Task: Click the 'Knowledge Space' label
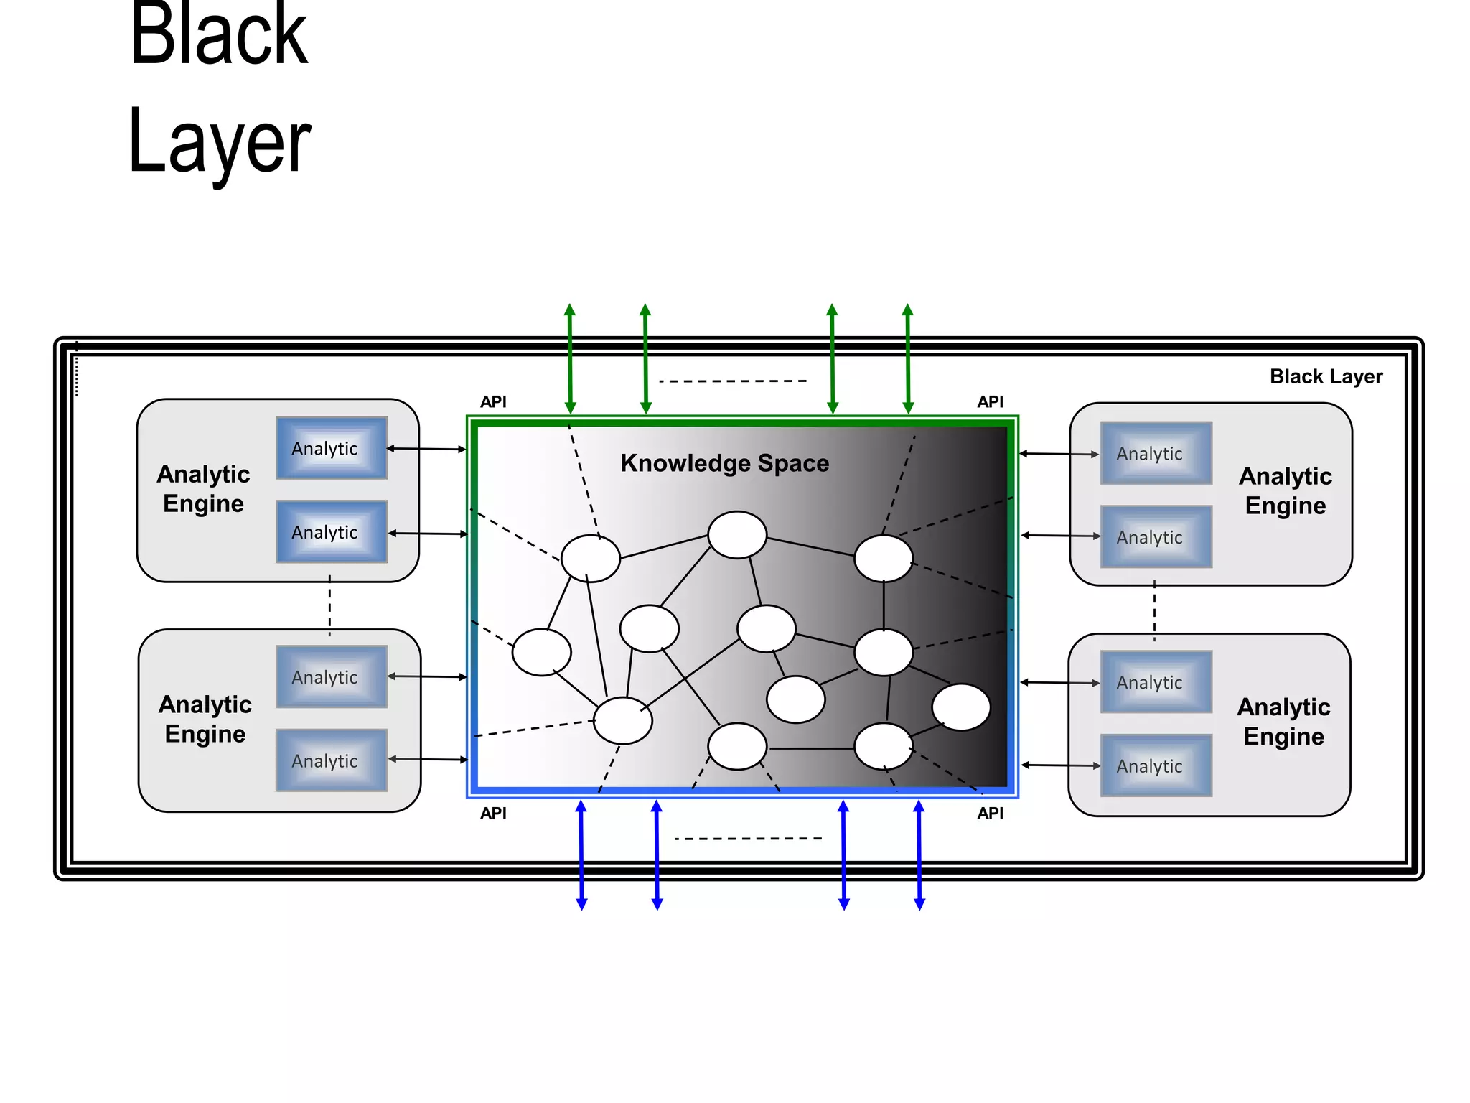724,463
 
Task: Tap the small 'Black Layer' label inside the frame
1325,376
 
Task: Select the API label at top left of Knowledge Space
493,402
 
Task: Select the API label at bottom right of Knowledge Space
990,814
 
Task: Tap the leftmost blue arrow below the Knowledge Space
581,855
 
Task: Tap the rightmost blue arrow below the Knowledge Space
919,855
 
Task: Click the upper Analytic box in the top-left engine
332,448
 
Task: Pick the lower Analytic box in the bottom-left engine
332,760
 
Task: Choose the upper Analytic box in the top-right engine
1156,453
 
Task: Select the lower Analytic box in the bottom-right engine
1156,765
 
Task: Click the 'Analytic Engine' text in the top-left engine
203,488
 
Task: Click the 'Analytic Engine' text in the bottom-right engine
1283,721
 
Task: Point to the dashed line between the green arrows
733,381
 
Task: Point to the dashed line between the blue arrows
748,838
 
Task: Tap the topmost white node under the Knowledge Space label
737,535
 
